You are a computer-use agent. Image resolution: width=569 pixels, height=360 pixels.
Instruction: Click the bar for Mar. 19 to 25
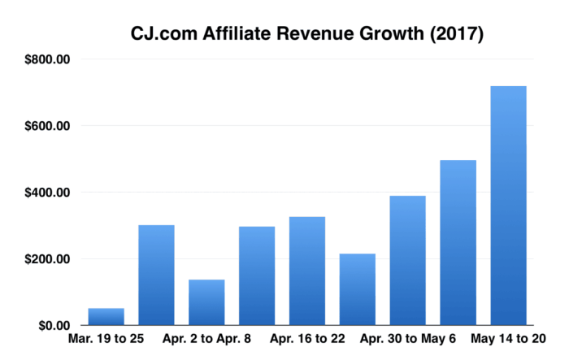106,317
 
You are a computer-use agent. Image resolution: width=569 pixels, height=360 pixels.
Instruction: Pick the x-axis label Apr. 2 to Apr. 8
206,340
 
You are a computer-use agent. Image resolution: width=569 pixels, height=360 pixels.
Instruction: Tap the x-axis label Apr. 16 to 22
307,340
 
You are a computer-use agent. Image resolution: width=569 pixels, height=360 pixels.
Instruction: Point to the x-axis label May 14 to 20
509,340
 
